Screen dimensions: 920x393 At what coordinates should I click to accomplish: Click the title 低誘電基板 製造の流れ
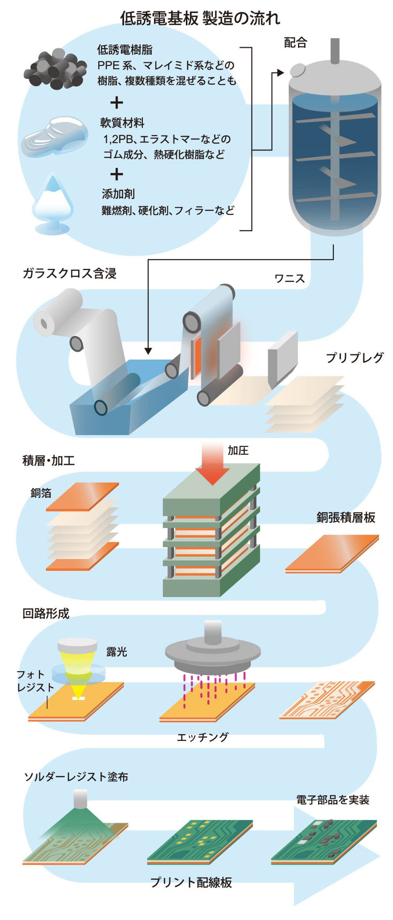click(x=200, y=18)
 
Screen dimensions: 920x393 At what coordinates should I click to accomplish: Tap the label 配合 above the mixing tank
click(x=295, y=43)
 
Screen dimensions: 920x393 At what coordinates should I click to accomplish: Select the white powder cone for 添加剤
click(x=52, y=201)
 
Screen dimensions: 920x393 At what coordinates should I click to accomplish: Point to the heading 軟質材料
click(x=122, y=122)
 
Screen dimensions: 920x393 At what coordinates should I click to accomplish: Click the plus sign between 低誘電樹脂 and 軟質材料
click(x=117, y=102)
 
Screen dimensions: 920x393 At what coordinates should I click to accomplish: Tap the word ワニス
click(x=289, y=279)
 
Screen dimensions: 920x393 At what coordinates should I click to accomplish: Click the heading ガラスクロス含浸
click(x=70, y=273)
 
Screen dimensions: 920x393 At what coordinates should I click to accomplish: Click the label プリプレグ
click(x=355, y=357)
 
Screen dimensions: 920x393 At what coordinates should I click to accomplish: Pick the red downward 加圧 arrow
click(x=212, y=462)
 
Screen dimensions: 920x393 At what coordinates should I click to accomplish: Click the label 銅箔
click(x=41, y=493)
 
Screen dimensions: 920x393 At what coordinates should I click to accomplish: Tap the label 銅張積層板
click(x=346, y=517)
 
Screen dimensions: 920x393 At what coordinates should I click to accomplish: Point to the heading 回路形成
click(x=46, y=613)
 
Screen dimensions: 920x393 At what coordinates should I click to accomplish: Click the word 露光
click(x=117, y=652)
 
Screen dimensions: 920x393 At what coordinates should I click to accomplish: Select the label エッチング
click(x=203, y=737)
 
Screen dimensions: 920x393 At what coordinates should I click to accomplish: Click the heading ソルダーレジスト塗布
click(x=76, y=776)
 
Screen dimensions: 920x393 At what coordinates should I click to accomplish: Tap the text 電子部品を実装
click(x=332, y=800)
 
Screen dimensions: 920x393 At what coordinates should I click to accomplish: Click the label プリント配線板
click(x=191, y=882)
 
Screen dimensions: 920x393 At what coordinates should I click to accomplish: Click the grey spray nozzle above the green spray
click(x=80, y=798)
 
